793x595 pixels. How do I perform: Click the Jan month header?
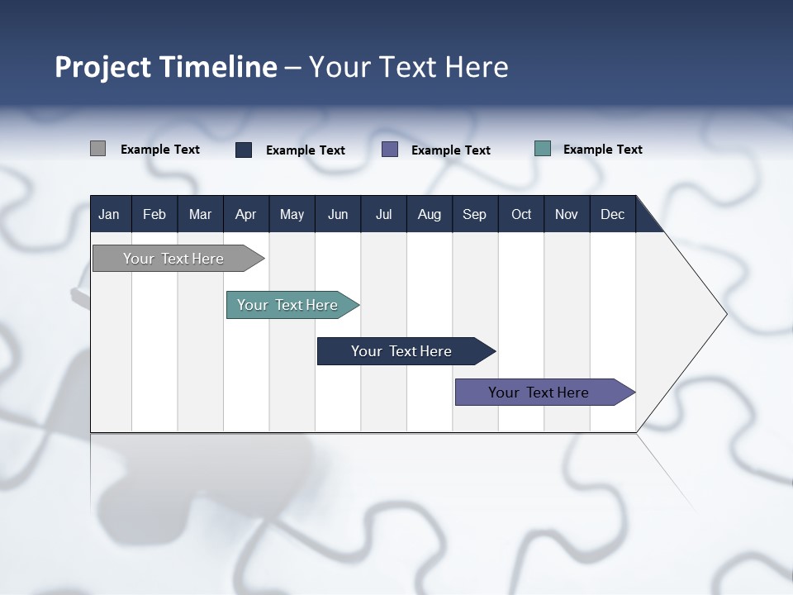(x=109, y=214)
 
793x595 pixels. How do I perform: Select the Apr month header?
(x=245, y=214)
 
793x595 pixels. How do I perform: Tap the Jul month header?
(x=383, y=214)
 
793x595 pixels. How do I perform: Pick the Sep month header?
(x=474, y=214)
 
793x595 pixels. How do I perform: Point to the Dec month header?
(x=612, y=214)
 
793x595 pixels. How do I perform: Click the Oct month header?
(x=521, y=214)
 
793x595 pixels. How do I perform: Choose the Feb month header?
(x=154, y=214)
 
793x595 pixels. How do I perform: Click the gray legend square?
(x=97, y=149)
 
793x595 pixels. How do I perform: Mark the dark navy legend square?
(x=244, y=150)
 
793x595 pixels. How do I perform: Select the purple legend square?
(x=390, y=150)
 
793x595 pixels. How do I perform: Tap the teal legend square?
(x=543, y=149)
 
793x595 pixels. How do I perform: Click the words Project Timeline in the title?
(x=166, y=67)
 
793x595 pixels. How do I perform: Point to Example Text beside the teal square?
(x=602, y=150)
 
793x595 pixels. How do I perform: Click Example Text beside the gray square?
(x=159, y=150)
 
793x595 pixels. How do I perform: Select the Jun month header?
(x=338, y=214)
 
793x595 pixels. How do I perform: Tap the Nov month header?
(x=567, y=214)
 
